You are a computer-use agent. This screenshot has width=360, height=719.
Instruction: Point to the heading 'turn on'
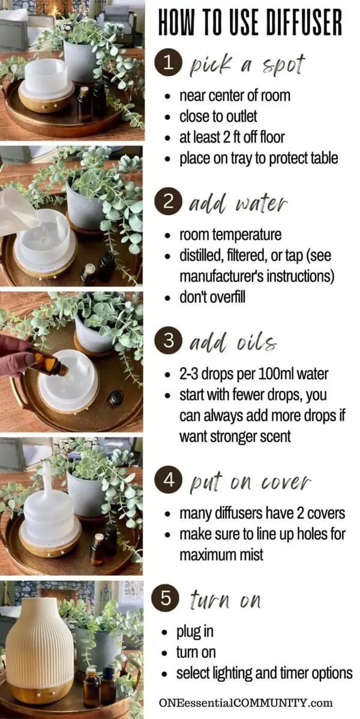226,600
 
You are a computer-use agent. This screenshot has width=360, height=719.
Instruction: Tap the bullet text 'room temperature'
230,234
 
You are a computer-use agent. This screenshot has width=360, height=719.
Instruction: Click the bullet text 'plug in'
194,632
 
